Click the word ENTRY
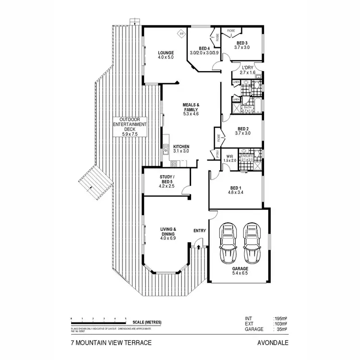click(200, 231)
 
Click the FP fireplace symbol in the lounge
click(181, 34)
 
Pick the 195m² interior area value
click(280, 318)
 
